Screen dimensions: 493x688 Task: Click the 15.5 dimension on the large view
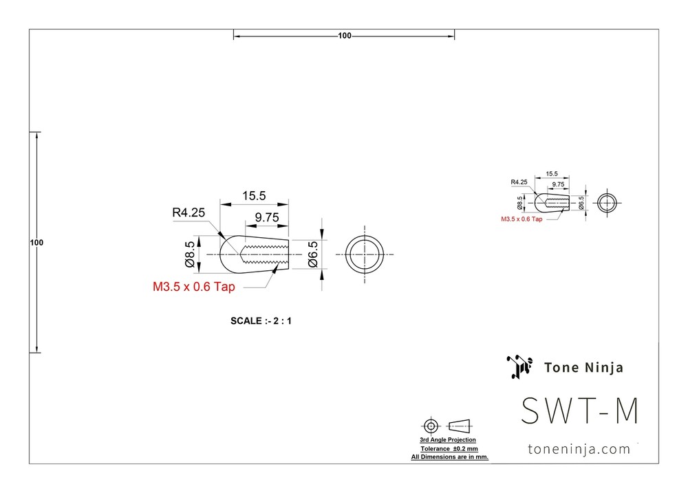click(253, 196)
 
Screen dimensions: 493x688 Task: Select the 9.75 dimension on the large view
click(266, 217)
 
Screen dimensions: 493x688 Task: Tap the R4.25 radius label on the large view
click(189, 213)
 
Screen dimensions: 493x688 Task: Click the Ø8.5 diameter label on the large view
click(189, 255)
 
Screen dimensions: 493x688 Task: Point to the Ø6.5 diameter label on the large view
click(313, 254)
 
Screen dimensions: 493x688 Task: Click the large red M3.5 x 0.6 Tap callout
click(193, 287)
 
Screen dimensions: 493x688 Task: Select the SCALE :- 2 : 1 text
click(261, 321)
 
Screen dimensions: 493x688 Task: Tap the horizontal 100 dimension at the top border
click(345, 36)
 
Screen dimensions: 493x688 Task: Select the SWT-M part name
click(580, 411)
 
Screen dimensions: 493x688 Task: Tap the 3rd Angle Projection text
click(448, 439)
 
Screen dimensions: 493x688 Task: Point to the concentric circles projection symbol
click(431, 424)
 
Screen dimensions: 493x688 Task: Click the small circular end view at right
click(607, 203)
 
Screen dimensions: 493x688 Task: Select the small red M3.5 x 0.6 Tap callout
click(521, 219)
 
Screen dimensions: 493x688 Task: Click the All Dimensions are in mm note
click(449, 457)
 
